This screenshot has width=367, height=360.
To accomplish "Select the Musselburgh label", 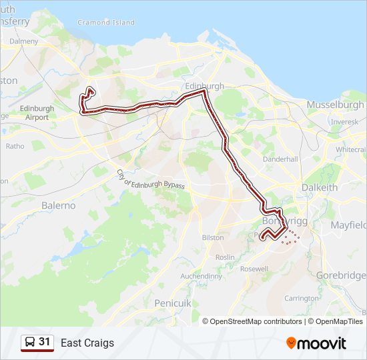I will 335,105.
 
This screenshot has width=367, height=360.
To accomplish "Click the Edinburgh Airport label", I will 37,113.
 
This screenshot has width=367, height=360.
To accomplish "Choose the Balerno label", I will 59,205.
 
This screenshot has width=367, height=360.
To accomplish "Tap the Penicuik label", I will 173,303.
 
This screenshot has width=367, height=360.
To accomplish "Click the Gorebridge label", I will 341,275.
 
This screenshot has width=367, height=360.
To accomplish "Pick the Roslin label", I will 226,257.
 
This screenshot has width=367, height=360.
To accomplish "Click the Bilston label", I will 213,237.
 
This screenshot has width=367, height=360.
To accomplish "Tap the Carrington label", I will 301,299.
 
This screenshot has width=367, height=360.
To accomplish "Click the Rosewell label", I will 254,269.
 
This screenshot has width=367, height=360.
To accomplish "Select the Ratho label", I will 15,146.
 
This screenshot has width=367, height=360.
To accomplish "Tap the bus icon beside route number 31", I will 29,343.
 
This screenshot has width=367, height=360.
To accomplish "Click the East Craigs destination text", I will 87,343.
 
